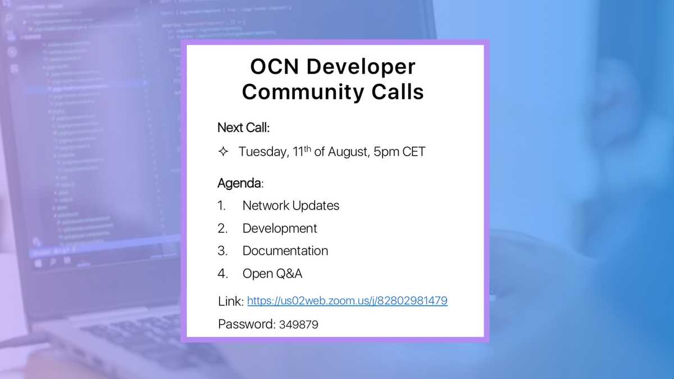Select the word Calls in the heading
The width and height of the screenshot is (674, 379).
395,92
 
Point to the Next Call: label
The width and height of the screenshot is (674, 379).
243,128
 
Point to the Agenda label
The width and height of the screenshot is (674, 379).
239,183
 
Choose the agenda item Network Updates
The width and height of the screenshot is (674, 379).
291,206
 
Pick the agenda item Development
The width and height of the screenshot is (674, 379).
280,228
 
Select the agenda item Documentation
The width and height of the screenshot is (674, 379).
285,251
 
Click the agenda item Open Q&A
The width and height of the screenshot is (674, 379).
272,274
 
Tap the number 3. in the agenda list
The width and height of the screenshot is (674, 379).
222,251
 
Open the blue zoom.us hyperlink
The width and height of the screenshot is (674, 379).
347,301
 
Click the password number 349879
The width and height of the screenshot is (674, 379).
298,324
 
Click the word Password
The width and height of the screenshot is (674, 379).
245,324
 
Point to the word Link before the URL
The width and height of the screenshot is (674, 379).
229,301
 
